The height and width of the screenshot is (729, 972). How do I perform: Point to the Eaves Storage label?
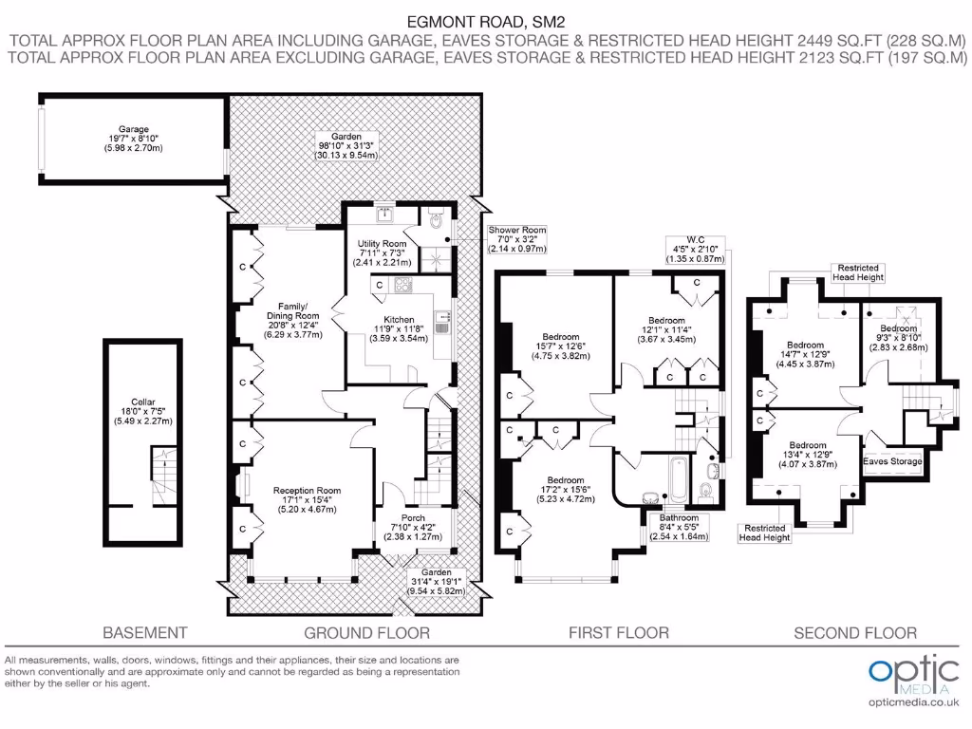pyautogui.click(x=892, y=461)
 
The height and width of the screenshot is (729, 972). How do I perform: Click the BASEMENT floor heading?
pyautogui.click(x=144, y=632)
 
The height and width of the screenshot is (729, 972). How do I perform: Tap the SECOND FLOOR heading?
pyautogui.click(x=855, y=632)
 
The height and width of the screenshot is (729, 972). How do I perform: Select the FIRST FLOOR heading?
pyautogui.click(x=618, y=632)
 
